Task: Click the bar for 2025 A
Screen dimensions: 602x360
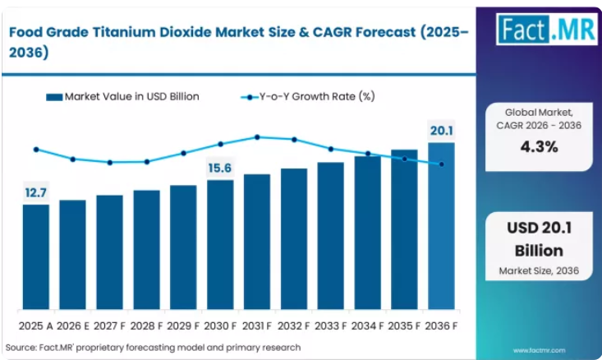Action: [x=36, y=256]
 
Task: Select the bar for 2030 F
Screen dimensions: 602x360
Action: [x=220, y=244]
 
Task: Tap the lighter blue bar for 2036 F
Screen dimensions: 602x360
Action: [x=442, y=226]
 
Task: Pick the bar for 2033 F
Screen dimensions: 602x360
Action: [x=330, y=236]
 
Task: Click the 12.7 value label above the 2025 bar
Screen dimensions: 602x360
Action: [x=35, y=192]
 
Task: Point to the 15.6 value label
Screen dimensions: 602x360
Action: [x=220, y=168]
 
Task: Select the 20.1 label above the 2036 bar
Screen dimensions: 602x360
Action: [x=442, y=131]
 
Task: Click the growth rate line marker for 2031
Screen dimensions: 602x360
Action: [x=257, y=137]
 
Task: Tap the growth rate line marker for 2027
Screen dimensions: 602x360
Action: [x=110, y=163]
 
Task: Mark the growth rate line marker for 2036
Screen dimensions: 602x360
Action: [x=442, y=164]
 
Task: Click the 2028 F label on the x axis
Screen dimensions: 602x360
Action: [x=147, y=326]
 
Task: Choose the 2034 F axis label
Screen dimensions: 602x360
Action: [x=367, y=326]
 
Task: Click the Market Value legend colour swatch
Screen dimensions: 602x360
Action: [x=54, y=97]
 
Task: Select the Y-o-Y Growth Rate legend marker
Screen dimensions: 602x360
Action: [x=250, y=98]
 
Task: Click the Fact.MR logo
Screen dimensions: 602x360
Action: [x=547, y=30]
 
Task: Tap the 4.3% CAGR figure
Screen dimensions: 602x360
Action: [x=539, y=147]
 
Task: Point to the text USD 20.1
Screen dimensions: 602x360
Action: [x=539, y=228]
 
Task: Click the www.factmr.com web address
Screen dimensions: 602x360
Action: [x=539, y=350]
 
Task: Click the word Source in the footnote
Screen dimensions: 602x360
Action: [x=21, y=348]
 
